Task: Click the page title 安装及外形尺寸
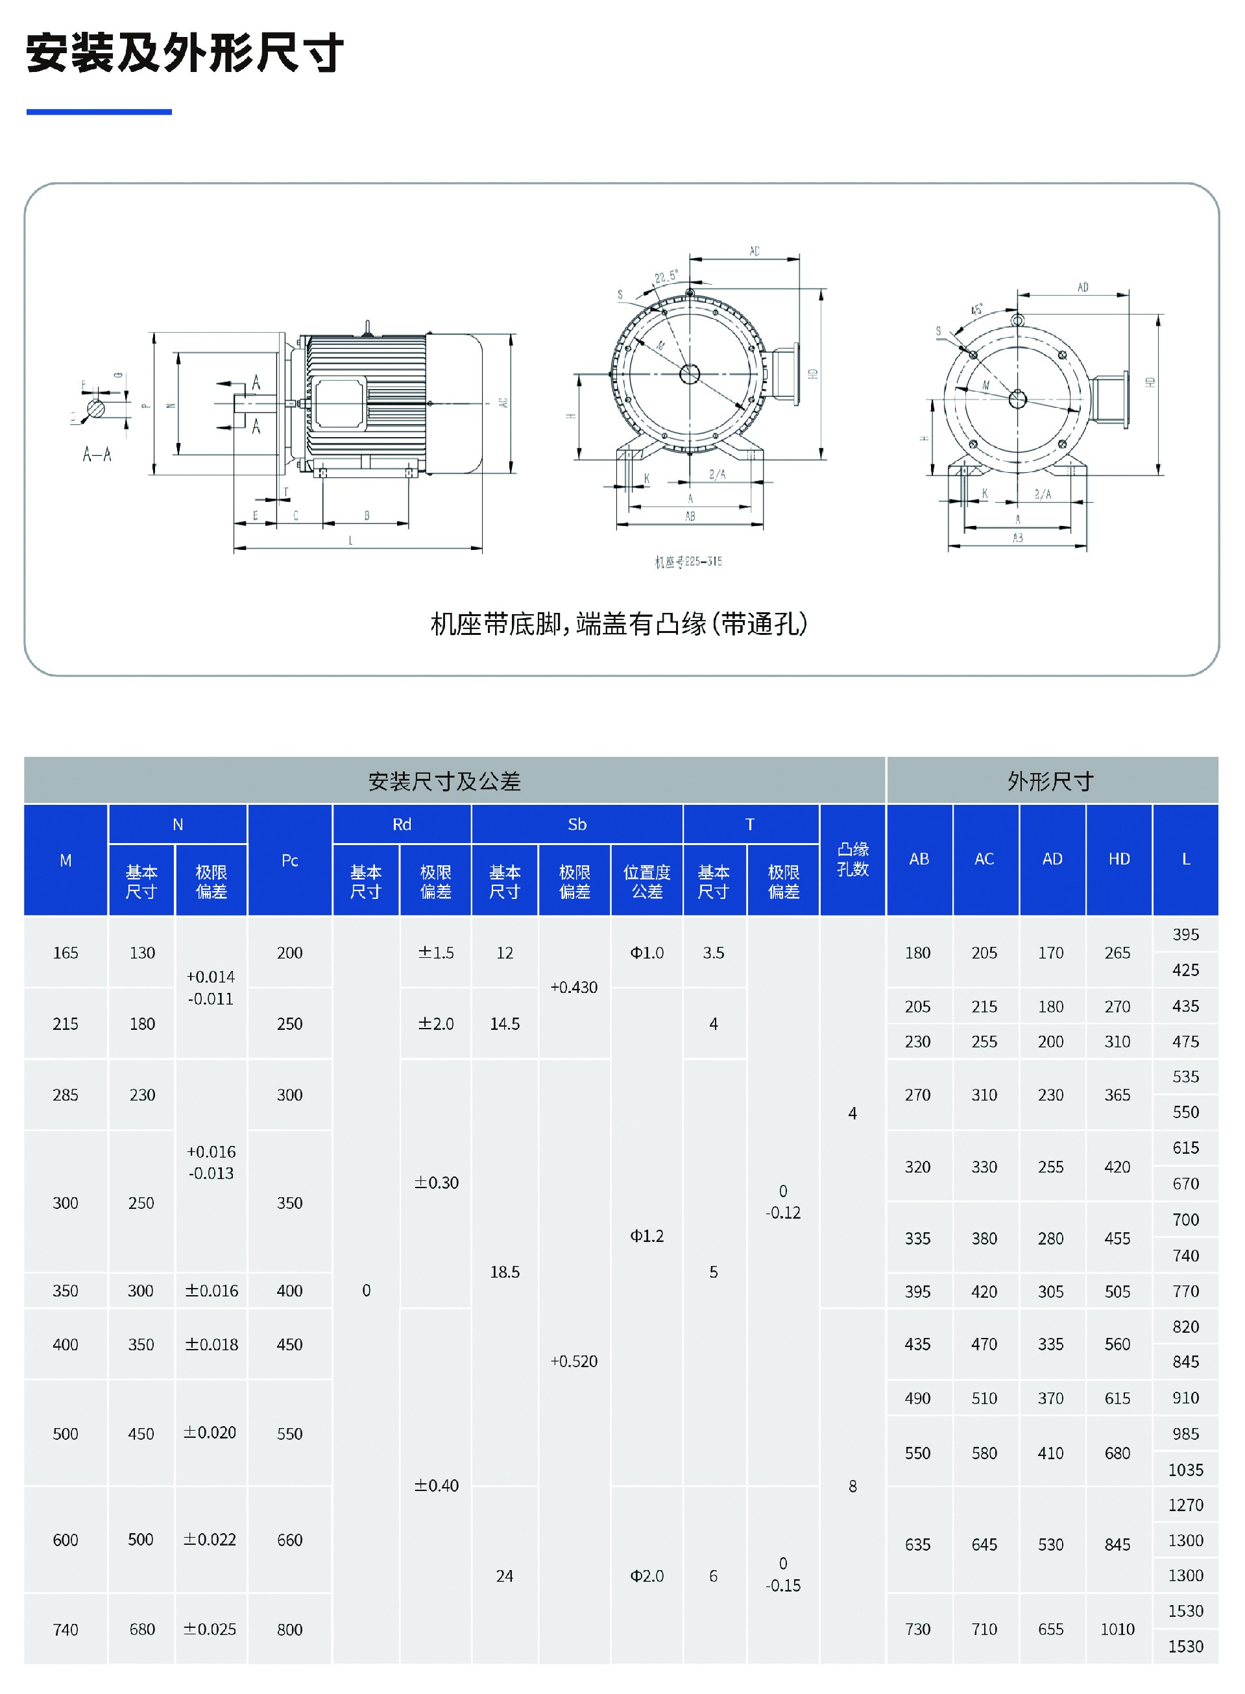pyautogui.click(x=185, y=53)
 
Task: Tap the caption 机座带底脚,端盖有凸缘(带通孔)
pyautogui.click(x=619, y=624)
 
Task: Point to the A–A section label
pyautogui.click(x=97, y=454)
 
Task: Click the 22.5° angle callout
pyautogui.click(x=666, y=276)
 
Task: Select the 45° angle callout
pyautogui.click(x=976, y=309)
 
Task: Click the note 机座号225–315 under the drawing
pyautogui.click(x=688, y=561)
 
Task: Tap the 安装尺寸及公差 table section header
pyautogui.click(x=444, y=781)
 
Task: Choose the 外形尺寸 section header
pyautogui.click(x=1050, y=781)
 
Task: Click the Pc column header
pyautogui.click(x=289, y=860)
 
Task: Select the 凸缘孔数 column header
pyautogui.click(x=852, y=859)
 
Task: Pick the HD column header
pyautogui.click(x=1118, y=859)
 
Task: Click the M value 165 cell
pyautogui.click(x=66, y=953)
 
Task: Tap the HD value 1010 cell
pyautogui.click(x=1117, y=1629)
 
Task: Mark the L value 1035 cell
pyautogui.click(x=1185, y=1470)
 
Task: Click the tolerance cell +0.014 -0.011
pyautogui.click(x=211, y=988)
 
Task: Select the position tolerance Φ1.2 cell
pyautogui.click(x=647, y=1236)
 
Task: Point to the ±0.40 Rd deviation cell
pyautogui.click(x=437, y=1485)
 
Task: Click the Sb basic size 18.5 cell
pyautogui.click(x=505, y=1272)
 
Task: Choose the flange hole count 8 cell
pyautogui.click(x=852, y=1486)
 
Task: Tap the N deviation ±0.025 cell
pyautogui.click(x=210, y=1629)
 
